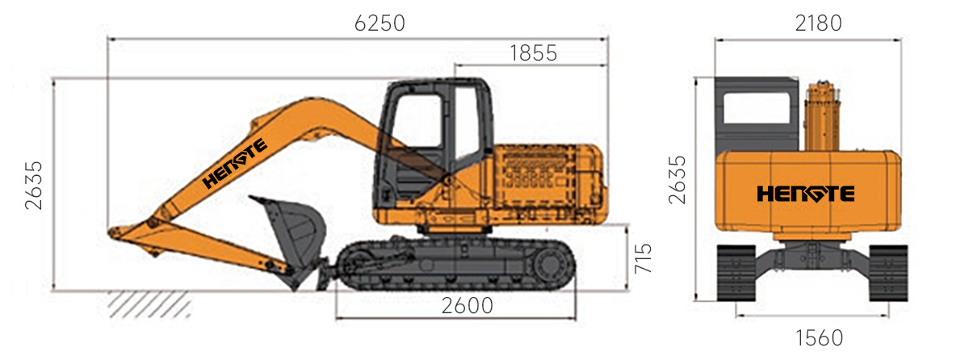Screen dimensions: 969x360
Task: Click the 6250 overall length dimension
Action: (380, 23)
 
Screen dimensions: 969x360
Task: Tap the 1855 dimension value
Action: (534, 53)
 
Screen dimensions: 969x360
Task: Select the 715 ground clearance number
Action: (643, 258)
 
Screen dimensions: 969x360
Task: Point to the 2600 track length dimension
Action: (468, 306)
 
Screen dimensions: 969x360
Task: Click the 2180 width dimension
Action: (818, 23)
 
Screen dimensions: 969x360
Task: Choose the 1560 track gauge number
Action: (820, 338)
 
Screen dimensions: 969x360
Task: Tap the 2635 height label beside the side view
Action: (34, 186)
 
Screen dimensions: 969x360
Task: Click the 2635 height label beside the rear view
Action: (677, 180)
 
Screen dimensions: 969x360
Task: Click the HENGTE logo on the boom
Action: (234, 163)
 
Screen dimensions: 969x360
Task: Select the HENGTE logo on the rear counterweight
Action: (806, 194)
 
